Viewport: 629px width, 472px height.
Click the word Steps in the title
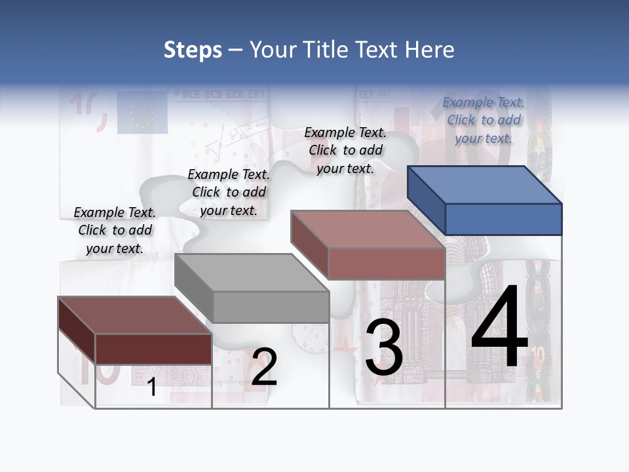tap(193, 50)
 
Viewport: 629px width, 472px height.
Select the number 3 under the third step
tap(383, 347)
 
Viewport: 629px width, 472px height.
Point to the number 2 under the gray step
tap(265, 367)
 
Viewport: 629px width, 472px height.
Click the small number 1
tap(152, 387)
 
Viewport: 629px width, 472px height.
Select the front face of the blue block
tap(503, 219)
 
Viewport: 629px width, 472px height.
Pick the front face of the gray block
tap(271, 307)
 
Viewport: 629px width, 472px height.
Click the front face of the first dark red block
tap(153, 349)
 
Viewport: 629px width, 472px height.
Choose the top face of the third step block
tap(367, 229)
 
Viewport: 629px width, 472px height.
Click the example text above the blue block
tap(484, 121)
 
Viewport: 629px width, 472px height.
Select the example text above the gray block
tap(229, 193)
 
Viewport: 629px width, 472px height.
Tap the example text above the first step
tap(115, 231)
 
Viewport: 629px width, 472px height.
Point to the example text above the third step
tap(345, 151)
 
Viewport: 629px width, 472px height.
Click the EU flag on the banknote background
tap(142, 111)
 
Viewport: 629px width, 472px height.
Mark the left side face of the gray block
tap(194, 288)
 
